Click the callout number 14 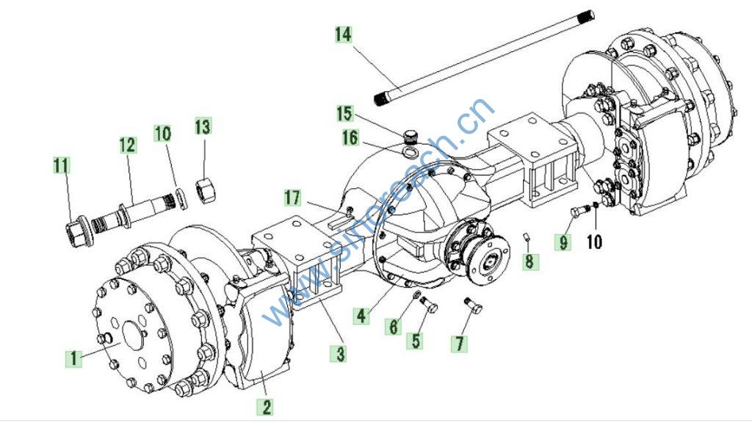pyautogui.click(x=344, y=35)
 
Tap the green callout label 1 pyautogui.click(x=73, y=358)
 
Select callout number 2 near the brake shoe pyautogui.click(x=267, y=406)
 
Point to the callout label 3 pyautogui.click(x=339, y=353)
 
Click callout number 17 pyautogui.click(x=294, y=197)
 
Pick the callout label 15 pyautogui.click(x=345, y=114)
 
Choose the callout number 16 pyautogui.click(x=350, y=137)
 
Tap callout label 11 pyautogui.click(x=62, y=165)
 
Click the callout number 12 pyautogui.click(x=129, y=145)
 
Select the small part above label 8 pyautogui.click(x=527, y=235)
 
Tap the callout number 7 pyautogui.click(x=460, y=343)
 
